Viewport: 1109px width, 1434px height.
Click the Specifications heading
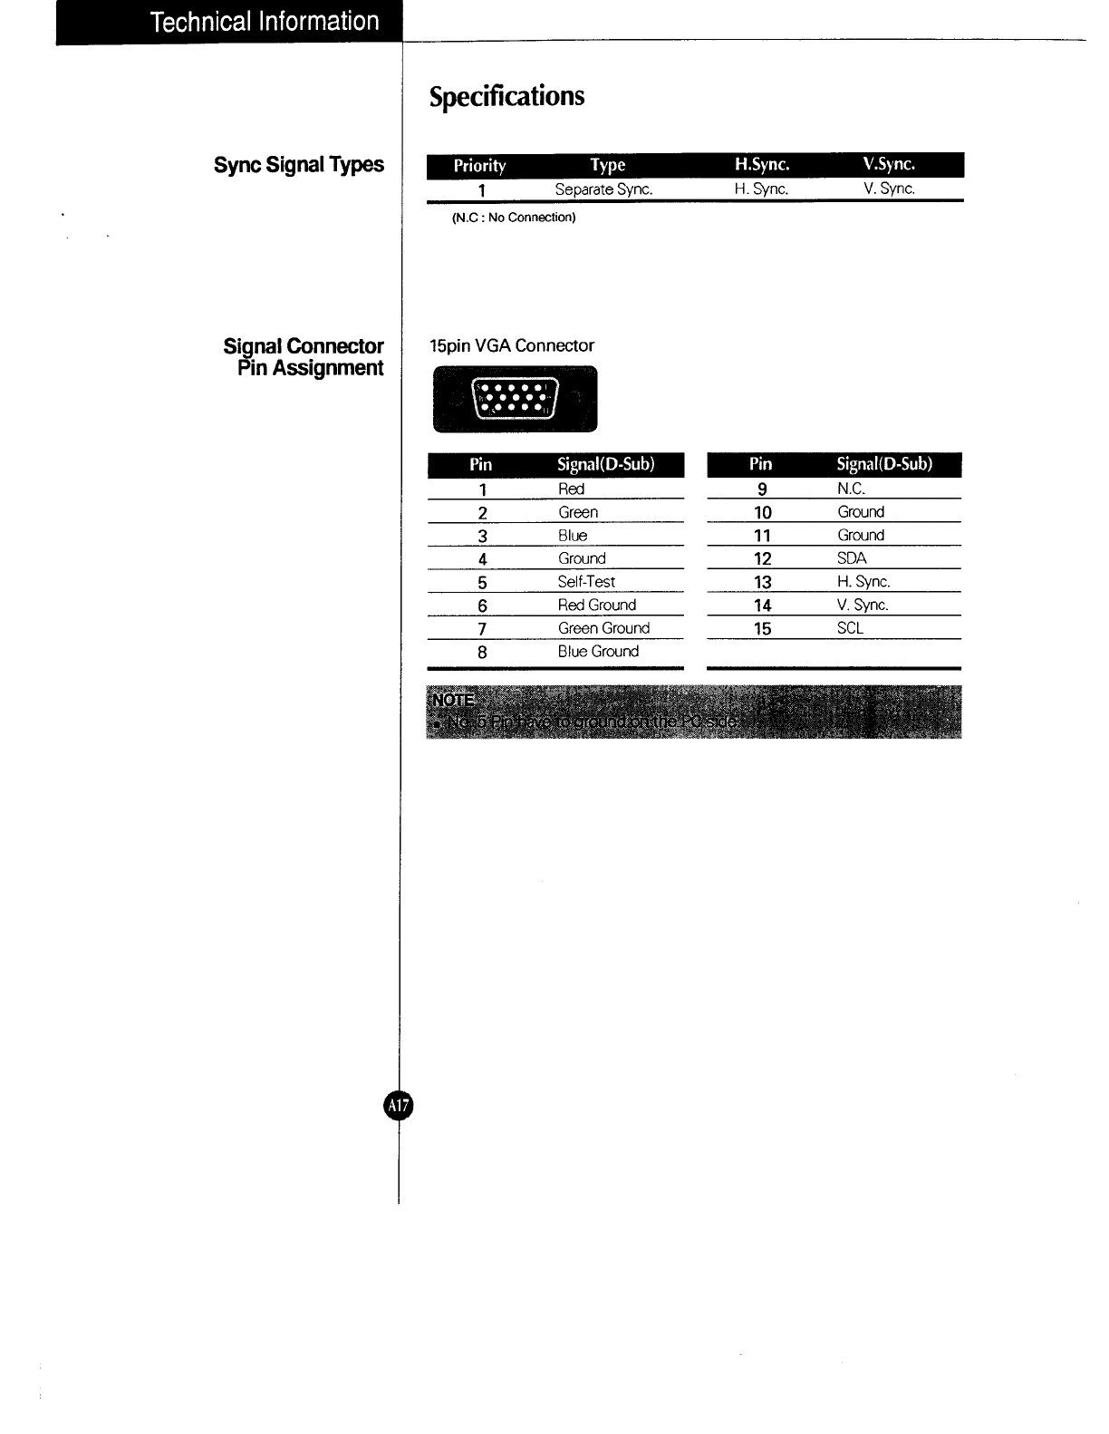(506, 96)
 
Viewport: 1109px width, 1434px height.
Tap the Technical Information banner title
(265, 22)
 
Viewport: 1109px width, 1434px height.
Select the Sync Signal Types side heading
(298, 165)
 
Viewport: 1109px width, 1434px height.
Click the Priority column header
(479, 165)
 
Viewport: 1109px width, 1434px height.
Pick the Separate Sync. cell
(603, 189)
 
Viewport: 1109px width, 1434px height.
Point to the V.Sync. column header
(889, 164)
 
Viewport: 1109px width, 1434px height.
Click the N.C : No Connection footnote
(513, 218)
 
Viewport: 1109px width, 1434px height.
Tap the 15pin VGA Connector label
(512, 345)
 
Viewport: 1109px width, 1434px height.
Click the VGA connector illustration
(515, 399)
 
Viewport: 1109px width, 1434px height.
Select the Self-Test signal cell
(586, 582)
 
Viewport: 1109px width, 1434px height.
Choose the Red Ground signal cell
(597, 605)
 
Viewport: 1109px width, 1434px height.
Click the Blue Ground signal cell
(598, 651)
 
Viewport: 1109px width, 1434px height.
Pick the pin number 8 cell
(482, 652)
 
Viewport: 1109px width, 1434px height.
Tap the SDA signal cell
(852, 558)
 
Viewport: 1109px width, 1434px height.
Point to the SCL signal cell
(850, 627)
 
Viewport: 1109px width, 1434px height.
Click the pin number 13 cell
(762, 582)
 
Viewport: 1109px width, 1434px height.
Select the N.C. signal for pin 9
(851, 489)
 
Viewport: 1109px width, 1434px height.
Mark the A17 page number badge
(398, 1106)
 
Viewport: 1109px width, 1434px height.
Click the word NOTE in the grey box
(453, 700)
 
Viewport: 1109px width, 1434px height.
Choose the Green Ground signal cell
(603, 628)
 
